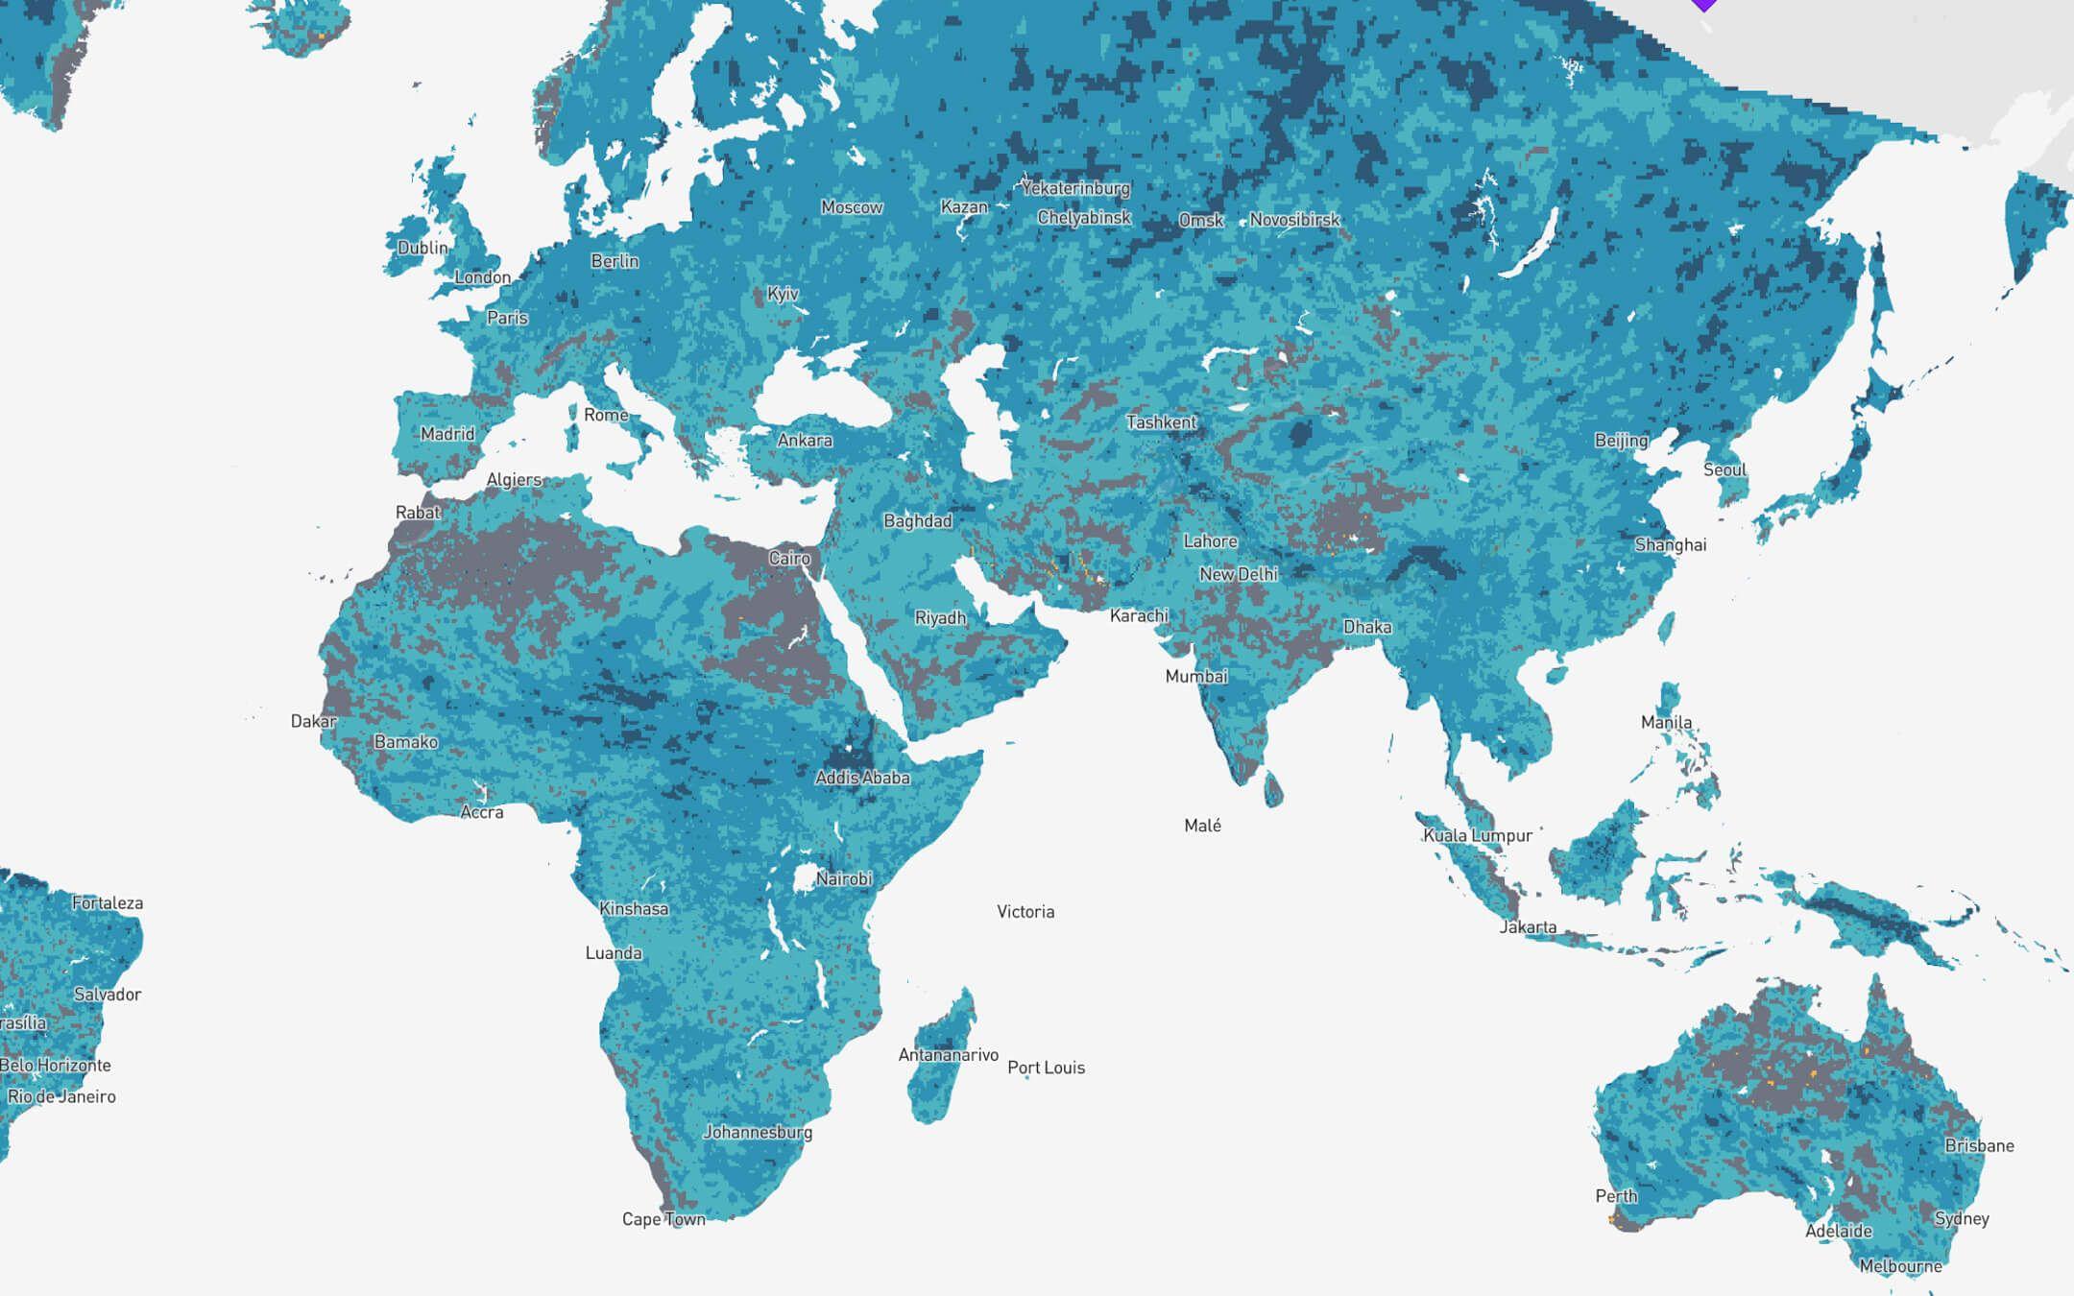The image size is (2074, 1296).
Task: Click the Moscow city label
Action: coord(852,207)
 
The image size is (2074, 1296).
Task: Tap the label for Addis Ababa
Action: coord(862,778)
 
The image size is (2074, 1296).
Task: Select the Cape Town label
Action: coord(663,1219)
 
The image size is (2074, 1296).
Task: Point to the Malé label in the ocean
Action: coord(1202,826)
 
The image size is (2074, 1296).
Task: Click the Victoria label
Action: coord(1025,912)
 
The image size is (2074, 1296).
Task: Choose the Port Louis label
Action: coord(1046,1068)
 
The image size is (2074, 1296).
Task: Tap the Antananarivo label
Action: coord(948,1055)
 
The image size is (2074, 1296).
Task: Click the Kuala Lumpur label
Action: coord(1478,835)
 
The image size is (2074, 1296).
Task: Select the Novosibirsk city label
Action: coord(1293,220)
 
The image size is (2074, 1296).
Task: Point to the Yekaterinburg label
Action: coord(1075,188)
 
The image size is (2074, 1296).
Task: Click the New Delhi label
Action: coord(1239,574)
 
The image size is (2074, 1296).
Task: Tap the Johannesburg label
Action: coord(758,1132)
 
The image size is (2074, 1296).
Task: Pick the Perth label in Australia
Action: coord(1616,1196)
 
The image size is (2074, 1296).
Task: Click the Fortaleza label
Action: coord(108,903)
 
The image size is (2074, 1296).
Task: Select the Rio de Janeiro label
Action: coord(61,1096)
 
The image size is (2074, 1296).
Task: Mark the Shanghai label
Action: coord(1671,545)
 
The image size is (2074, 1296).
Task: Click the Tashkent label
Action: coord(1161,422)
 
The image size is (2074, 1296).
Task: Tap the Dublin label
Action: coord(422,248)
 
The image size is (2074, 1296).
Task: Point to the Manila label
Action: coord(1666,722)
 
